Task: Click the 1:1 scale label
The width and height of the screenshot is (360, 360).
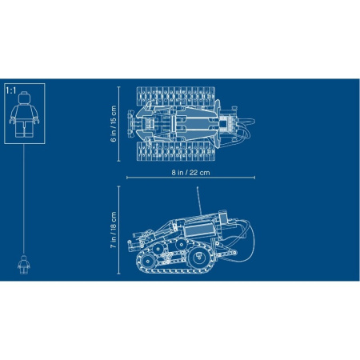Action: pos(11,91)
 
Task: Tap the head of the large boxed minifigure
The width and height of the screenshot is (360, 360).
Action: pos(24,98)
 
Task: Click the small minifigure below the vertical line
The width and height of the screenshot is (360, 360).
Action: pos(24,265)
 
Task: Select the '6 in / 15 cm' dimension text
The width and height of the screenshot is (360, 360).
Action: pos(114,124)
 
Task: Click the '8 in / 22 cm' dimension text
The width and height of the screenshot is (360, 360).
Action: pos(190,173)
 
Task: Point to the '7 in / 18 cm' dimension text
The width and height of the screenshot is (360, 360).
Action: pos(114,230)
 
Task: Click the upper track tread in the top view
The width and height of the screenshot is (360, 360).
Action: pos(176,96)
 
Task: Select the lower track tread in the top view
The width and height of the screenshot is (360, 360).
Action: pos(176,151)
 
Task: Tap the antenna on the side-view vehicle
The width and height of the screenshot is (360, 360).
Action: pos(199,201)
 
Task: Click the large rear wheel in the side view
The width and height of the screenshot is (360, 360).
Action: pos(198,258)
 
